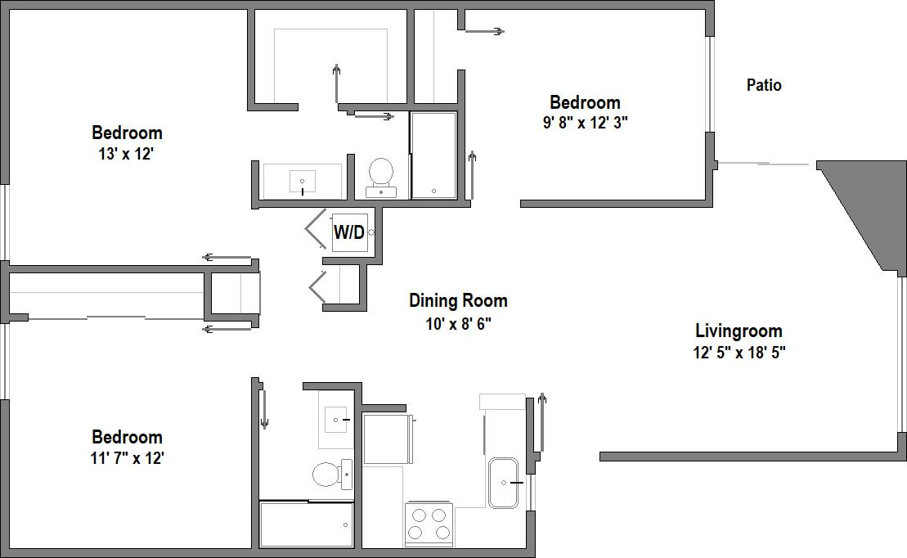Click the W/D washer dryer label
tap(348, 232)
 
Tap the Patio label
tap(764, 85)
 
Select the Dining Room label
tap(458, 300)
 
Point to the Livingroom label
tap(739, 331)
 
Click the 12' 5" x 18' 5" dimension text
tap(740, 353)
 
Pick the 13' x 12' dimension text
tap(126, 154)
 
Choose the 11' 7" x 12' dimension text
tap(127, 458)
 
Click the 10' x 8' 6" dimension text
tap(458, 323)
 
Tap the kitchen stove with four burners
tap(429, 524)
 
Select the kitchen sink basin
tap(504, 483)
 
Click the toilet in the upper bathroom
tap(381, 173)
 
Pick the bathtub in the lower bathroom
tap(306, 524)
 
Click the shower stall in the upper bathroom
tap(433, 155)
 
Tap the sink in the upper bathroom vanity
tap(303, 181)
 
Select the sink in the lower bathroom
tap(336, 419)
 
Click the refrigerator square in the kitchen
tap(385, 439)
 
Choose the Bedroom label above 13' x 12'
tap(127, 133)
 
